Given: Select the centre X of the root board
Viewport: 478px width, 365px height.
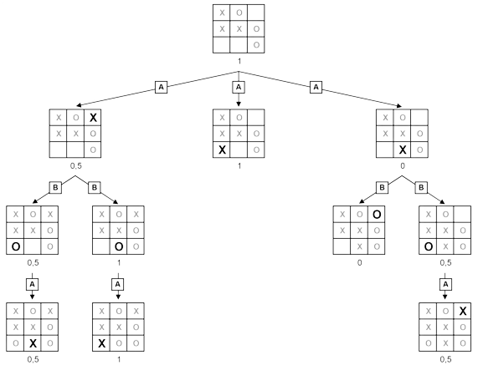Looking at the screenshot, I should click(239, 28).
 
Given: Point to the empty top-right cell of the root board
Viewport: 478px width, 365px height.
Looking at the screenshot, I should click(256, 13).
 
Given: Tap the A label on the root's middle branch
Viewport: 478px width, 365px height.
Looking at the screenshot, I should click(239, 87).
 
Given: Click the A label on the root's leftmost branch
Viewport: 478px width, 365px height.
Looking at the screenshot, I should click(161, 87).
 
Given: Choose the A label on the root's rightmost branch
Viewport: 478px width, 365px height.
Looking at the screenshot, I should click(316, 87).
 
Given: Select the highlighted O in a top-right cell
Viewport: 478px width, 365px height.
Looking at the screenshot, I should click(377, 213).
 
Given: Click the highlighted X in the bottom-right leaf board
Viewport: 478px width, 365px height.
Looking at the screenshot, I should click(463, 312).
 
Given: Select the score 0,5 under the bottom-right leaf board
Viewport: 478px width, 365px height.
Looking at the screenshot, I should click(446, 360).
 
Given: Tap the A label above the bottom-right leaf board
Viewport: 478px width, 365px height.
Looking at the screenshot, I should click(446, 284).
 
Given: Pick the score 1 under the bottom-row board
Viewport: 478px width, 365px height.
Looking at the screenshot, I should click(118, 360).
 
